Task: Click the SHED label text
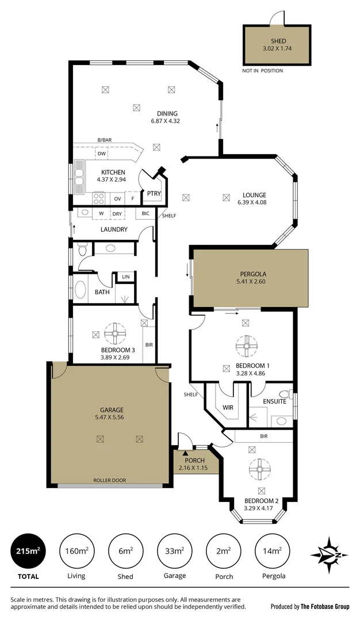[278, 41]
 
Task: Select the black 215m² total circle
[28, 551]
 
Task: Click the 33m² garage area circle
[174, 551]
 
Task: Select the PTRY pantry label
[154, 194]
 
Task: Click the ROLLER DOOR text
[110, 480]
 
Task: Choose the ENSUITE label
[274, 401]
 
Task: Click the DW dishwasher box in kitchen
[101, 154]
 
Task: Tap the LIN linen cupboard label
[125, 277]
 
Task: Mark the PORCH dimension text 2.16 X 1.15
[195, 468]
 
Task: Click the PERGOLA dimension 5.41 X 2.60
[250, 282]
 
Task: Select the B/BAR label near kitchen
[104, 140]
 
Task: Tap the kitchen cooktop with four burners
[99, 198]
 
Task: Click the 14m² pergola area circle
[272, 551]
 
